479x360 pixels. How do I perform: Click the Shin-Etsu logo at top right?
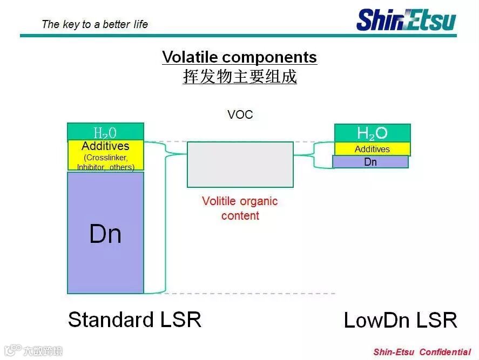click(x=406, y=19)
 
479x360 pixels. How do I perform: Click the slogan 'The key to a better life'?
click(x=95, y=24)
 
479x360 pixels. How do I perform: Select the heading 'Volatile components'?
click(x=239, y=57)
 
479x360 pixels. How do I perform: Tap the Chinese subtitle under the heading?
click(x=239, y=77)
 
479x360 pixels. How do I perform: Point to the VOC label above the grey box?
click(x=240, y=114)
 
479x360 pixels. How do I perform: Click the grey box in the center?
click(x=240, y=164)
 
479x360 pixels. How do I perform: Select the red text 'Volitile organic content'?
click(x=239, y=208)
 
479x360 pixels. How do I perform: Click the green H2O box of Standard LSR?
click(x=105, y=132)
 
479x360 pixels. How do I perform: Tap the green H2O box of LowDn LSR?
click(x=372, y=133)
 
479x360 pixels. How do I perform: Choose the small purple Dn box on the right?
click(x=370, y=162)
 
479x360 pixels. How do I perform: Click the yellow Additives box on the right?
click(x=372, y=149)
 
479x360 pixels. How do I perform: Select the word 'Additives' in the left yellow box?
click(x=105, y=146)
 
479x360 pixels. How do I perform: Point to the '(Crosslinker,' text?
click(x=105, y=158)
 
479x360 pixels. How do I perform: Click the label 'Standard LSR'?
click(x=134, y=320)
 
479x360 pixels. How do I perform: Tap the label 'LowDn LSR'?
click(x=400, y=321)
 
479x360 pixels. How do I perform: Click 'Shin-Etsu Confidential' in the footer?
click(x=422, y=352)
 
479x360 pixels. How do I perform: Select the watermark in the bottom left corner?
click(x=33, y=351)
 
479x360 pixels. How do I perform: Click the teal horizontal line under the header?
click(x=238, y=36)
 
